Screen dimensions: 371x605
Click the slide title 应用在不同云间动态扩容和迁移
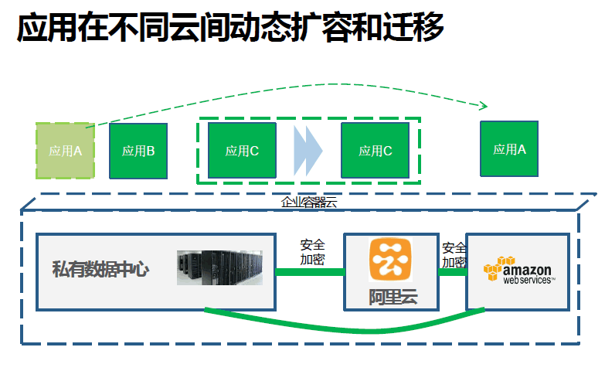pos(230,29)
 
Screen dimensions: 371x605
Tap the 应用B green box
pos(138,151)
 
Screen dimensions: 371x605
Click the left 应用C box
pos(242,151)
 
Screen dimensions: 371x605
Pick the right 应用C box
pos(376,151)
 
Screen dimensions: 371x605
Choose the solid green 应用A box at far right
pos(510,149)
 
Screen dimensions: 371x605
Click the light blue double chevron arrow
pos(308,151)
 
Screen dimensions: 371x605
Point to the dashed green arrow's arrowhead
pos(484,106)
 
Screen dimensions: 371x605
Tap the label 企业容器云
pos(309,203)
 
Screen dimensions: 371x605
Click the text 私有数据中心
pos(100,270)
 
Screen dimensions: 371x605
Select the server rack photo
pos(220,267)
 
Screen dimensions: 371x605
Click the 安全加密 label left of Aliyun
pos(312,252)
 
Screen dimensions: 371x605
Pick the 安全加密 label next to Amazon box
pos(454,255)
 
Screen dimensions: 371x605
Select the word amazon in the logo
pos(528,270)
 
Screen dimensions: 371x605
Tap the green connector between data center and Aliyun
pos(310,272)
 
